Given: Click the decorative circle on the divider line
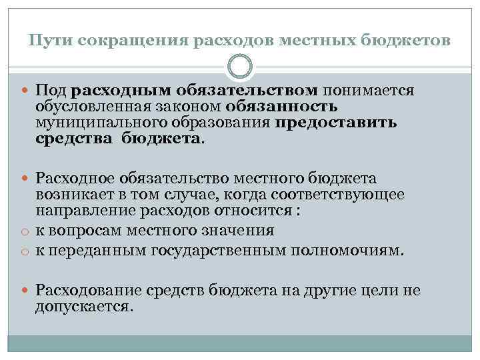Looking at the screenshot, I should pos(240,67).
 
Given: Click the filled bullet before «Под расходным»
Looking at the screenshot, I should pos(24,91).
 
